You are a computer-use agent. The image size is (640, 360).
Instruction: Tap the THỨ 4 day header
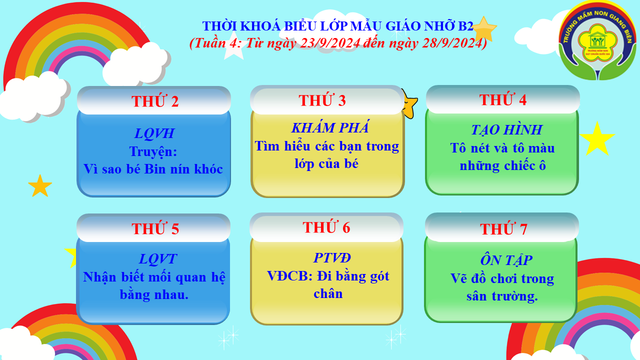click(x=503, y=99)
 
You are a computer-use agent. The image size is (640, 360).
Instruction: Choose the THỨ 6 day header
click(x=326, y=227)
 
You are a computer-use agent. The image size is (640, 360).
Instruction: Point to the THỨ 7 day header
click(x=503, y=228)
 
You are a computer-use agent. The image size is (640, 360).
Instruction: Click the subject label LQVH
click(x=154, y=133)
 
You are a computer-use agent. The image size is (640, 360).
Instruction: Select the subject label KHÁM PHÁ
click(x=330, y=127)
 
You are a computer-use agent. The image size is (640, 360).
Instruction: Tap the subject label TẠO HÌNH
click(x=506, y=129)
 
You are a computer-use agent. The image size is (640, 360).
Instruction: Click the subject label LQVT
click(x=157, y=259)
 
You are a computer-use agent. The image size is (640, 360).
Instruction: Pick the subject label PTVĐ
click(x=332, y=257)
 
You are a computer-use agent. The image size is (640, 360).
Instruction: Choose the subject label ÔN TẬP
click(x=506, y=259)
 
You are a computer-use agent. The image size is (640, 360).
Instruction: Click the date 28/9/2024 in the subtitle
click(x=451, y=43)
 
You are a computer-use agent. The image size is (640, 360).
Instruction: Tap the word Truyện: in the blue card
click(x=153, y=151)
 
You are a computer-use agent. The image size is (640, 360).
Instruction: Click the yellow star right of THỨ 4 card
click(x=597, y=139)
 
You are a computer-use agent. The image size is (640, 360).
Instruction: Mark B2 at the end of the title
click(x=465, y=26)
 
